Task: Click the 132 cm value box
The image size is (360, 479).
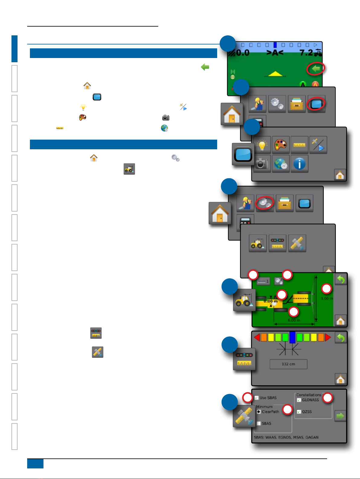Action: (288, 364)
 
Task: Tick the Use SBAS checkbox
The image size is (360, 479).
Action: (257, 398)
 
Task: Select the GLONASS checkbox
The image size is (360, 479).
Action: (299, 400)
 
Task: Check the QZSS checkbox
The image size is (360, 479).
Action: (299, 412)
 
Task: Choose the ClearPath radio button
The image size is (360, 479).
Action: (259, 412)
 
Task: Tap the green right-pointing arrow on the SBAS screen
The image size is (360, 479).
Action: (340, 416)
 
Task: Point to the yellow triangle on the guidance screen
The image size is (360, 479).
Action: (275, 73)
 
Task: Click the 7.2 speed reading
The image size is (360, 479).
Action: (306, 53)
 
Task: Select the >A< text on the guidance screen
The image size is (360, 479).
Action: (275, 53)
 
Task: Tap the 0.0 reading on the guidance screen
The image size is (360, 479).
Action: (243, 53)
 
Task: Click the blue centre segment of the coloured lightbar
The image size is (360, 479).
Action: (292, 337)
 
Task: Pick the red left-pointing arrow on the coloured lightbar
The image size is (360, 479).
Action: (257, 337)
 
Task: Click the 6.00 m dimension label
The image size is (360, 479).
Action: (294, 320)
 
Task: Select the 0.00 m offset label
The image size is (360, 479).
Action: (271, 301)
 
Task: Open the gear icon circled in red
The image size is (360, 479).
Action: (265, 203)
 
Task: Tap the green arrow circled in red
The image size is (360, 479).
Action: (316, 69)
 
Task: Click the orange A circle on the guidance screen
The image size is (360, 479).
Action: (315, 85)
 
